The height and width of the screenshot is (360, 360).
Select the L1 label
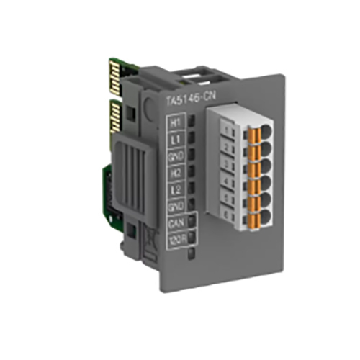[174, 140]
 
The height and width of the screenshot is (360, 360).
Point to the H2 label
[174, 174]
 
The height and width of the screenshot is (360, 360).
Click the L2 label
[174, 190]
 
